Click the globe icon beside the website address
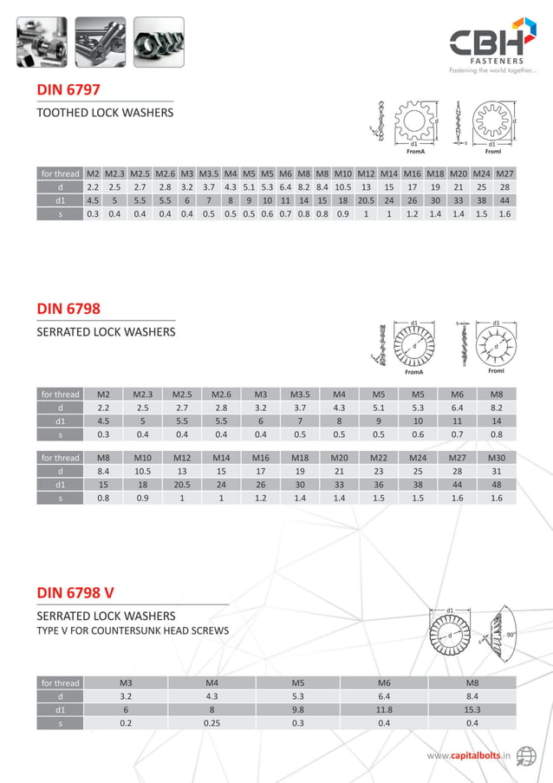pos(525,755)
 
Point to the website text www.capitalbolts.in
pos(468,756)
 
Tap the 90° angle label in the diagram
pos(511,635)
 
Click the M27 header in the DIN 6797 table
pos(504,173)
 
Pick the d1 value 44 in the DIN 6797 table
pos(504,200)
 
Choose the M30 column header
pos(497,457)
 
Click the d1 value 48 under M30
pos(497,485)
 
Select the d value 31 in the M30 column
pos(497,471)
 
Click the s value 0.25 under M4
pos(211,723)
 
